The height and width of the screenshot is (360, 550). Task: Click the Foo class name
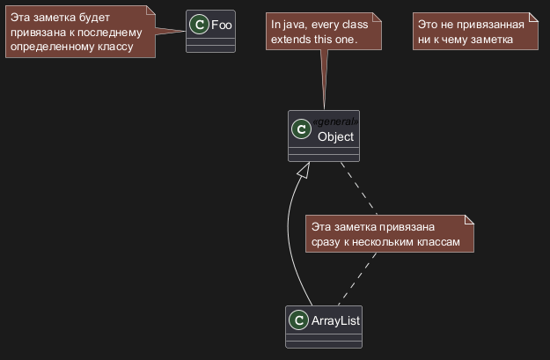point(222,25)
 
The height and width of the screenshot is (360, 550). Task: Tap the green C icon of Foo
point(200,26)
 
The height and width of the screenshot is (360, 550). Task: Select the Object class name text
point(335,136)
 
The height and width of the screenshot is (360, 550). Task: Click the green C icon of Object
point(302,130)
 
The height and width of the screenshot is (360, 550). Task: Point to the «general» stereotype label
point(335,121)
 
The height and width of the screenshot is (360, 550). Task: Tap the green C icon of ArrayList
point(299,321)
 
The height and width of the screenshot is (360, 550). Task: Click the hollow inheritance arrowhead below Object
point(303,171)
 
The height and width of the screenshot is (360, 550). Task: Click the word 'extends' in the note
point(291,40)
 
